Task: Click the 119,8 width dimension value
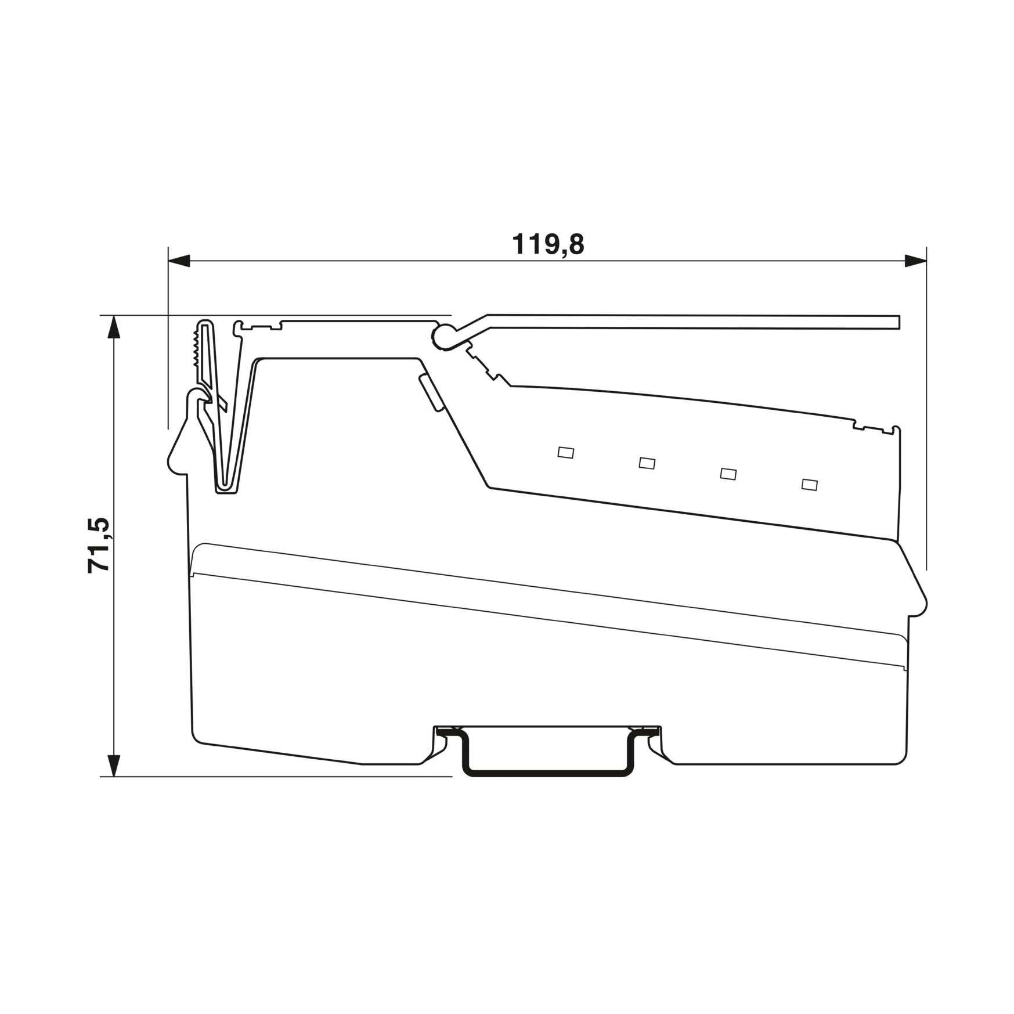pyautogui.click(x=548, y=245)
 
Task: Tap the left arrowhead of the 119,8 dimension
pyautogui.click(x=179, y=261)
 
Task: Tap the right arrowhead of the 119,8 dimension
pyautogui.click(x=915, y=261)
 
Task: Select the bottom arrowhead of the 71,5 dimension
pyautogui.click(x=115, y=765)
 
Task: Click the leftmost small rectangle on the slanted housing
pyautogui.click(x=566, y=452)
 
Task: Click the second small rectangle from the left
pyautogui.click(x=647, y=463)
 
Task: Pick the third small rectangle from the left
pyautogui.click(x=728, y=474)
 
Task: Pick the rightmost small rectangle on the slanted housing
pyautogui.click(x=810, y=484)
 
